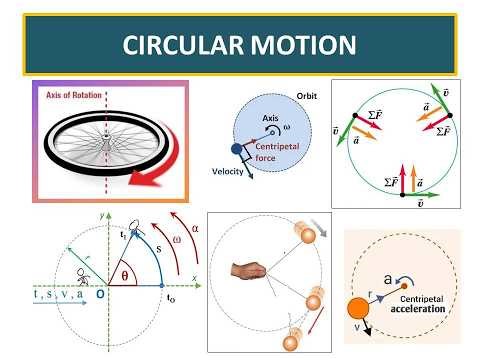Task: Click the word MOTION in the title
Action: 306,45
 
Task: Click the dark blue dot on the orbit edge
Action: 236,150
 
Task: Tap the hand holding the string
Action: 246,271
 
